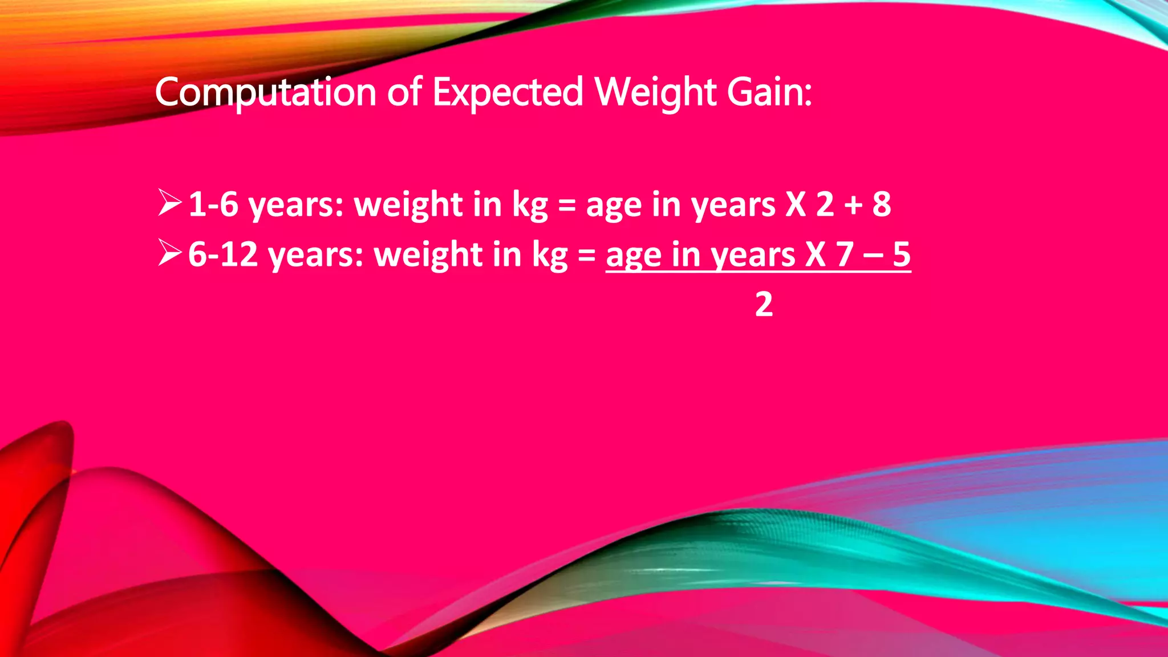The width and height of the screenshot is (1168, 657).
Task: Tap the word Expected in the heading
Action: pos(508,92)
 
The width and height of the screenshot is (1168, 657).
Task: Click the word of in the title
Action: pos(404,92)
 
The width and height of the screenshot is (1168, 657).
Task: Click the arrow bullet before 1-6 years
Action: pos(169,203)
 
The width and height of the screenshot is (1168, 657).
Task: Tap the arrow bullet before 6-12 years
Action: pos(169,253)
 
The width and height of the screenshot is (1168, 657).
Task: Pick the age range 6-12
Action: pos(223,254)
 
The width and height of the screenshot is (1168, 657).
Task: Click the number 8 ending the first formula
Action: pos(882,204)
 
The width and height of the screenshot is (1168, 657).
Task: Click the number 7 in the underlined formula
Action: pos(845,254)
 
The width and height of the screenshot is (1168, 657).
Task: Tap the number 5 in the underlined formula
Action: pos(902,254)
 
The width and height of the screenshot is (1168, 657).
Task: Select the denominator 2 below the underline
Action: pos(764,305)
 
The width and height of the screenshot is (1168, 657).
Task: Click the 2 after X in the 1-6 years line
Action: pos(825,204)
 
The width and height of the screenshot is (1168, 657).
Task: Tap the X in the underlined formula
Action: pos(815,254)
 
